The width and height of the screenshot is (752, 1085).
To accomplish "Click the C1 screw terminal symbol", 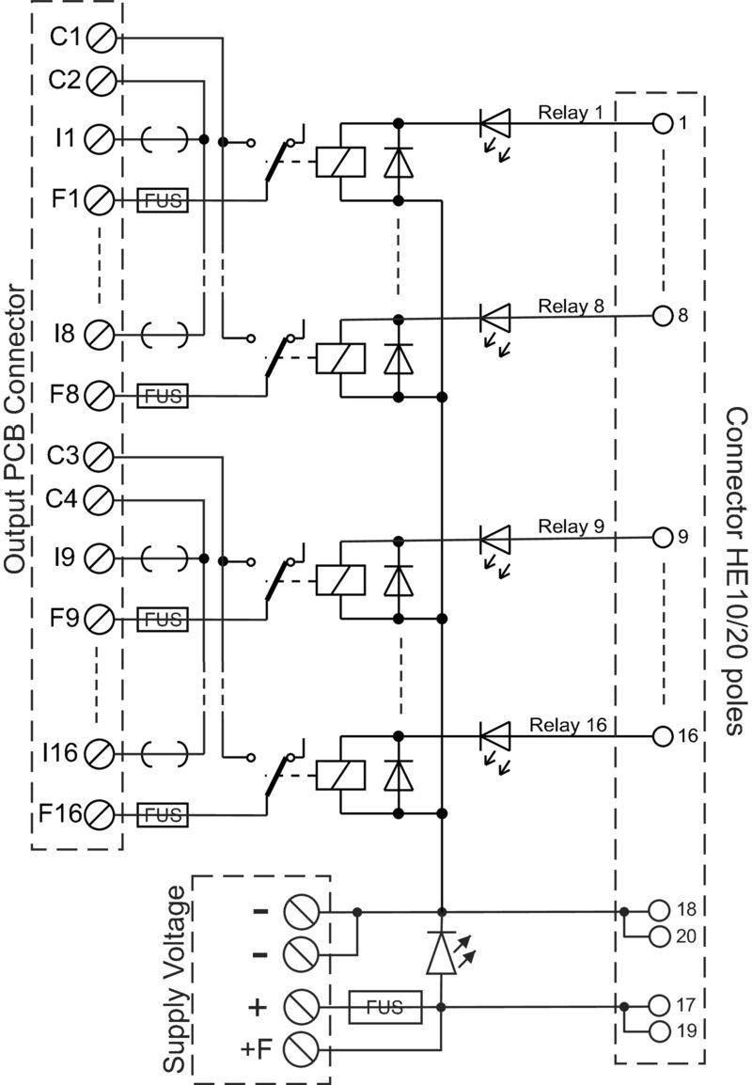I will tap(100, 39).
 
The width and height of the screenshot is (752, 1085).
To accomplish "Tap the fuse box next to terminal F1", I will tap(163, 200).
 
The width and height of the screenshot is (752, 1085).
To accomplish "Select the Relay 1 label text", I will tap(570, 112).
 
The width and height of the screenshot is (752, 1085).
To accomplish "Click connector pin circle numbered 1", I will tap(663, 123).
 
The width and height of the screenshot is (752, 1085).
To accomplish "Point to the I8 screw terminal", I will tap(100, 333).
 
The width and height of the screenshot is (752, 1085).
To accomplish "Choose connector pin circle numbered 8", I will tap(663, 316).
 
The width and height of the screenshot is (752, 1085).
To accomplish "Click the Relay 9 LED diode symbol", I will tap(494, 540).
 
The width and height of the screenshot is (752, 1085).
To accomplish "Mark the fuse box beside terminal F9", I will tap(163, 619).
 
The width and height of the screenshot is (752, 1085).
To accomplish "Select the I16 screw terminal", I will tap(100, 752).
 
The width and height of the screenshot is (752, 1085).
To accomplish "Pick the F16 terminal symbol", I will tap(100, 812).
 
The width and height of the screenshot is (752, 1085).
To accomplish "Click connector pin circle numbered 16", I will tap(663, 734).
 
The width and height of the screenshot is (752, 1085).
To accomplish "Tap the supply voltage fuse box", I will tap(385, 1007).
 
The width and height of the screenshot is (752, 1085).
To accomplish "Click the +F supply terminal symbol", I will tap(299, 1046).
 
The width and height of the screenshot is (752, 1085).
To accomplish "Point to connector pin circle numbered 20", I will tap(659, 936).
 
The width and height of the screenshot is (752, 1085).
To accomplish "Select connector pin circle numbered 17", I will tap(659, 1003).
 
